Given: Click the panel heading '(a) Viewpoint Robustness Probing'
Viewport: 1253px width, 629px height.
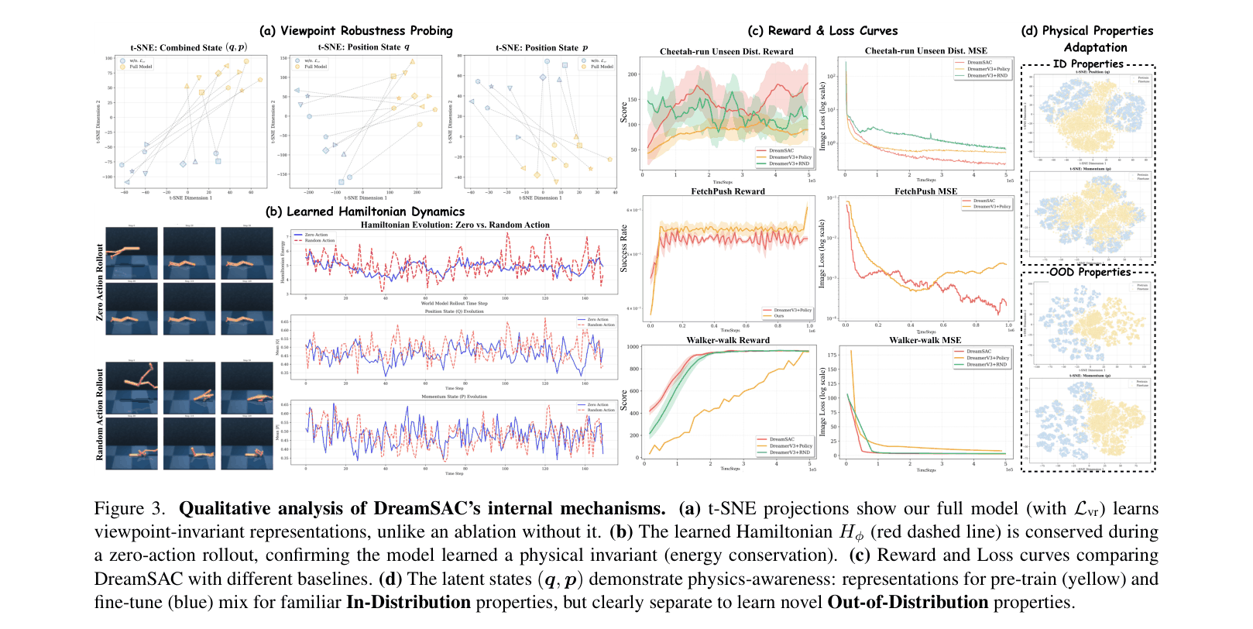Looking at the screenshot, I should [356, 31].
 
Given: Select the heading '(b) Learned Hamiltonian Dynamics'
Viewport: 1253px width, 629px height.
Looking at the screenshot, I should [365, 211].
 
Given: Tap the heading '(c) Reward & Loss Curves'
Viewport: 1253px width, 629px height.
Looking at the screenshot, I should [822, 31].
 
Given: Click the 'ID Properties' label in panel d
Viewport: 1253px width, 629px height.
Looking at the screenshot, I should [1088, 64].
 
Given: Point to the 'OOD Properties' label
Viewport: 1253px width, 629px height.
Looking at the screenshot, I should [1090, 272].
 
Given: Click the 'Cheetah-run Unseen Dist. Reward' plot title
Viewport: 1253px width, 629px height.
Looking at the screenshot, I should [726, 52].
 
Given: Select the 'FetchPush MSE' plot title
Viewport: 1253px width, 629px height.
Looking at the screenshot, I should [925, 191].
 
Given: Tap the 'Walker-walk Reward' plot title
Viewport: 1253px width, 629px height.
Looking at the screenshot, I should [728, 340].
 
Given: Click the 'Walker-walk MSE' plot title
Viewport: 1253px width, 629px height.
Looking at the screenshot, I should [925, 340].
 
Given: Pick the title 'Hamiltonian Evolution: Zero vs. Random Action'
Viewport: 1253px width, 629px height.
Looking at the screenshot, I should [455, 225].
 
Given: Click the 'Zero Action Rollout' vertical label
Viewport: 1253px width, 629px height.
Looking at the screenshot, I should [99, 282].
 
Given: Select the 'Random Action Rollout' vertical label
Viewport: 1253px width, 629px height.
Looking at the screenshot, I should [99, 414].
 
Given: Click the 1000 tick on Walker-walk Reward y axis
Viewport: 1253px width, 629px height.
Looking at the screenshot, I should [633, 347].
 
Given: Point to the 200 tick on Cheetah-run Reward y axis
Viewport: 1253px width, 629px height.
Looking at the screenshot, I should [633, 74].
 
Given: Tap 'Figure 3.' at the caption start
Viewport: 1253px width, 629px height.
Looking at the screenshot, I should [129, 509].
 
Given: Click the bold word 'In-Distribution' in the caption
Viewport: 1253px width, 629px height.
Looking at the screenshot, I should [408, 603].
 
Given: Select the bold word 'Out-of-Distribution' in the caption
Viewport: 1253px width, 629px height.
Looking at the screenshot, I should [908, 603].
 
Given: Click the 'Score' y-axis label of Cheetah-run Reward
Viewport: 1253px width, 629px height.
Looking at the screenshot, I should [624, 112].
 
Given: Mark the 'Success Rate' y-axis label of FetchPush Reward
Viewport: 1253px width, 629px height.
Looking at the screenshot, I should [624, 248].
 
